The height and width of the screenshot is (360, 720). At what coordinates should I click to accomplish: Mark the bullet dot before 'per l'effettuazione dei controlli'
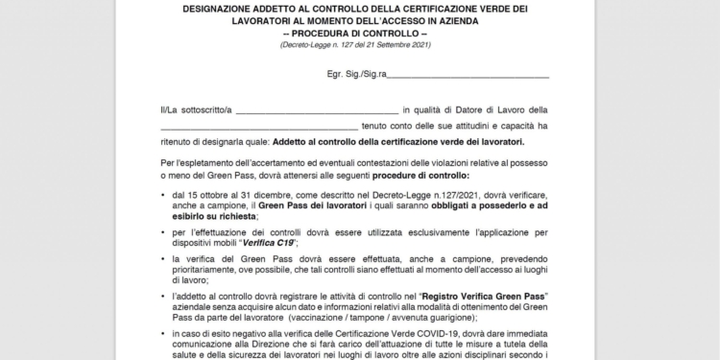click(x=163, y=232)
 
